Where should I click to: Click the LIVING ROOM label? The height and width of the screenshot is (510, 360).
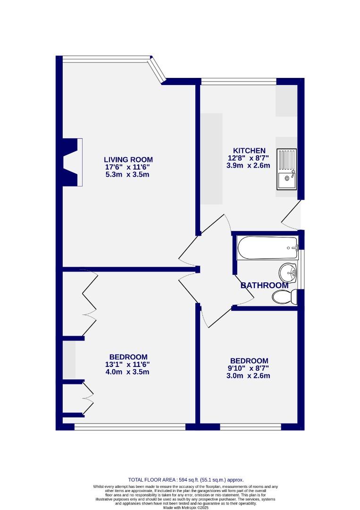click(x=128, y=160)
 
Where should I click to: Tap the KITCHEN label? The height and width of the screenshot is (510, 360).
click(x=249, y=151)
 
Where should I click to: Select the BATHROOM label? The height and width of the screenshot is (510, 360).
click(x=264, y=286)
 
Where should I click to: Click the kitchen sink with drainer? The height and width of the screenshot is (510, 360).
click(x=287, y=169)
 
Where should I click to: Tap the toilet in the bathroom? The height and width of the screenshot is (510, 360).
click(x=284, y=297)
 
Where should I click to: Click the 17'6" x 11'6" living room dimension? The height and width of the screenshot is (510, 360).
click(x=128, y=167)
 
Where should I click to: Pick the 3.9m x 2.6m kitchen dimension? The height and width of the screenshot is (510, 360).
click(x=249, y=166)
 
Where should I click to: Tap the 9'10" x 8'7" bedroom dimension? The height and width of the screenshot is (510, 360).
click(x=249, y=368)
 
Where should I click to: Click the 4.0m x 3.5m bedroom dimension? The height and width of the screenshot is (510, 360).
click(x=128, y=372)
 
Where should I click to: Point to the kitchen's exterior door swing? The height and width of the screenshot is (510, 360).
click(x=292, y=217)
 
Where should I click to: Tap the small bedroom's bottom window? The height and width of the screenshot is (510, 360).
click(x=251, y=427)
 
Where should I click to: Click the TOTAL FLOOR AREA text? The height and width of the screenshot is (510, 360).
click(x=186, y=479)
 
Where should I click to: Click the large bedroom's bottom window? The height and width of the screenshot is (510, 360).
click(x=130, y=427)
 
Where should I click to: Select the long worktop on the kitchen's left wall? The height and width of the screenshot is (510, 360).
click(x=211, y=159)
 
